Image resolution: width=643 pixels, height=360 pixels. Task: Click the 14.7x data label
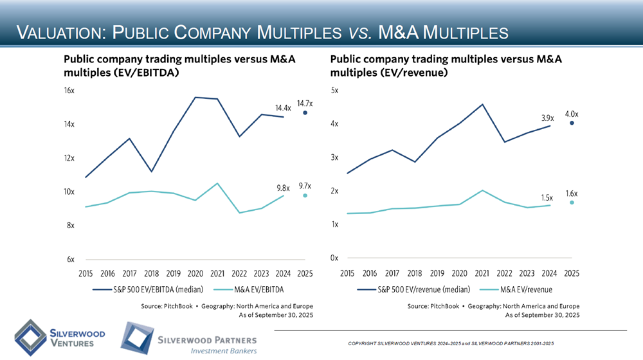(x=305, y=103)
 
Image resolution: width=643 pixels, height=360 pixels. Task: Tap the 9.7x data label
(x=305, y=186)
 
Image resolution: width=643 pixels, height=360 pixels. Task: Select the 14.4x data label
(x=284, y=108)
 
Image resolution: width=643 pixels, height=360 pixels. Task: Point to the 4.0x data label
(x=572, y=114)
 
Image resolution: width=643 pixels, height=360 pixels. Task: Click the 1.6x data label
(x=572, y=193)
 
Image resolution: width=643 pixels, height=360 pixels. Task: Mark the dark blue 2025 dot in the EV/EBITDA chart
(x=305, y=113)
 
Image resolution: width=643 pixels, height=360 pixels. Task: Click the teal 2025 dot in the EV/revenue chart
(x=572, y=203)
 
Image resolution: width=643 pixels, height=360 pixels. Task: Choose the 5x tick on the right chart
(x=334, y=91)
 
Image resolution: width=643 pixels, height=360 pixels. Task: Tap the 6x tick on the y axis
(x=70, y=260)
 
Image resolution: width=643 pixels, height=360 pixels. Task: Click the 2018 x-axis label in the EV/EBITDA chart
(x=151, y=273)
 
